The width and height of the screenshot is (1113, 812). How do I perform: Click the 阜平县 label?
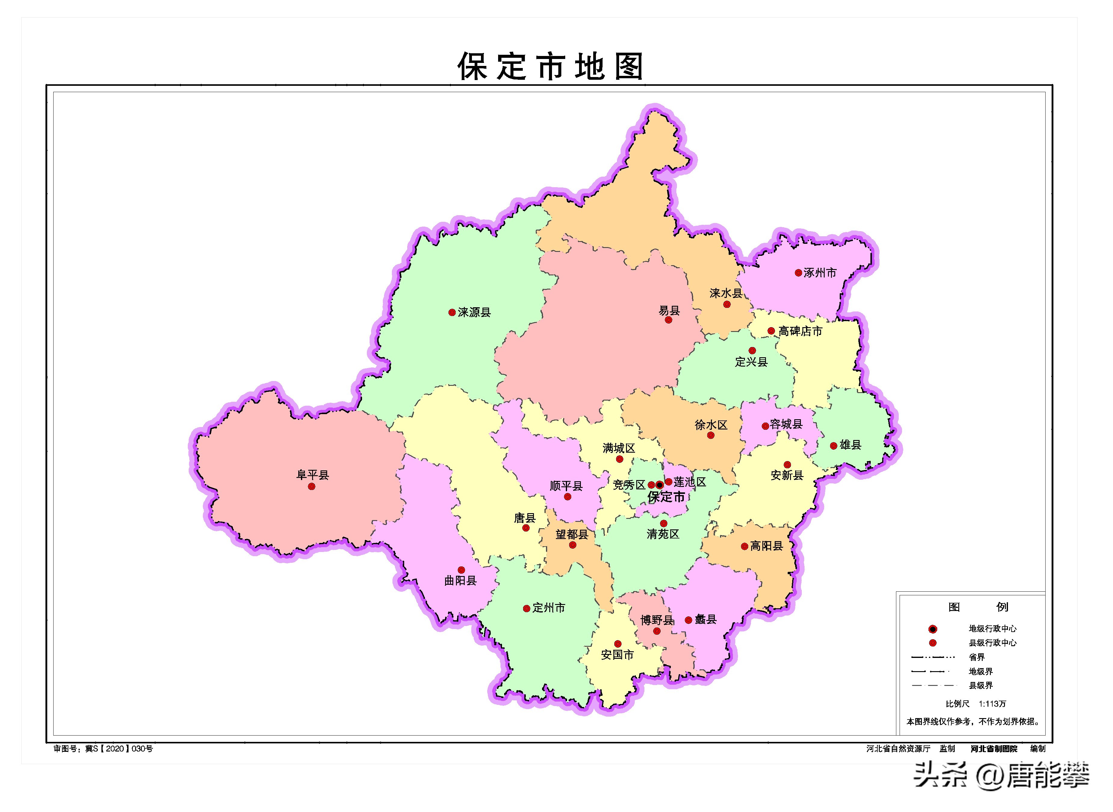pyautogui.click(x=312, y=475)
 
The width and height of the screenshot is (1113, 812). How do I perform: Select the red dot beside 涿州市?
pyautogui.click(x=798, y=273)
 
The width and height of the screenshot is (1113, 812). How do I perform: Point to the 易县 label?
pyautogui.click(x=669, y=310)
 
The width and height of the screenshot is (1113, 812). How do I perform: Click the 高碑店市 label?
pyautogui.click(x=800, y=332)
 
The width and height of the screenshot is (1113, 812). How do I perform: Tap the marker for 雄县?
pyautogui.click(x=833, y=446)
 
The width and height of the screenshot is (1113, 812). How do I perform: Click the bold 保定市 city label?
pyautogui.click(x=666, y=497)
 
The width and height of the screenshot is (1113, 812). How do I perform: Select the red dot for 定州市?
pyautogui.click(x=526, y=609)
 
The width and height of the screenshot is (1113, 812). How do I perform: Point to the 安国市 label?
pyautogui.click(x=618, y=655)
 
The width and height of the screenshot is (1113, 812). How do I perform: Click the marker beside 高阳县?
pyautogui.click(x=744, y=546)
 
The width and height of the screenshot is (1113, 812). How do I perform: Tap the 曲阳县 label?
pyautogui.click(x=460, y=581)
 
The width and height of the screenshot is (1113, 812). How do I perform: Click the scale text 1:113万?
pyautogui.click(x=992, y=704)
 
